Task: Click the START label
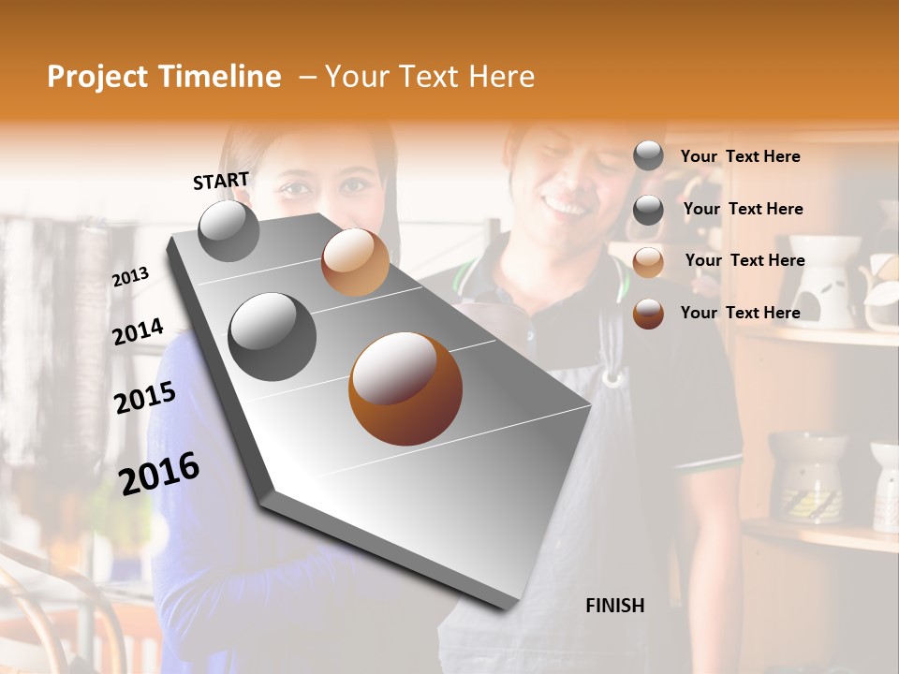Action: point(221,181)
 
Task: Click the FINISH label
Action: point(614,606)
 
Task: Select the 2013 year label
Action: point(130,276)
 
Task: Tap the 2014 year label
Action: point(138,331)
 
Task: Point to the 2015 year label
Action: point(145,398)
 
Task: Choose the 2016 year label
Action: point(159,473)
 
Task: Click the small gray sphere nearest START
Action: point(228,230)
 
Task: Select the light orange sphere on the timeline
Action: point(355,262)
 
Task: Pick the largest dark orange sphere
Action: point(405,388)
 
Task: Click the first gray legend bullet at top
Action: point(648,156)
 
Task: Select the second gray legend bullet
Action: point(648,210)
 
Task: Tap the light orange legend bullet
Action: point(648,262)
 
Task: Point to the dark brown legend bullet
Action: point(648,314)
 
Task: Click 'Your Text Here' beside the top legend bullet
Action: point(740,156)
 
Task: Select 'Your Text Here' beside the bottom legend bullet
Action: point(740,313)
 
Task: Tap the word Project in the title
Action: point(97,77)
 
